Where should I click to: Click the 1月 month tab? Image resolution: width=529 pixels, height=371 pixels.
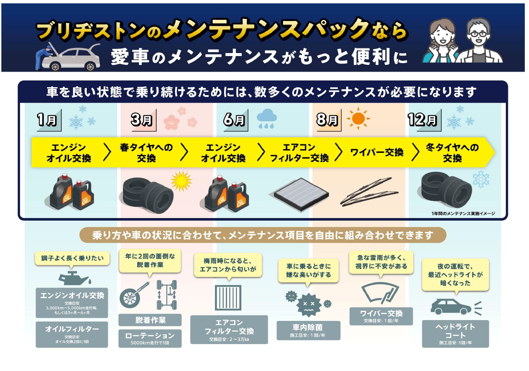pos(49,120)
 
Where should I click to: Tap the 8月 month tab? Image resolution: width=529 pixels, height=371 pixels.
pos(329,120)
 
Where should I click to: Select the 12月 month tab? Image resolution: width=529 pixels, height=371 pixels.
pos(424,120)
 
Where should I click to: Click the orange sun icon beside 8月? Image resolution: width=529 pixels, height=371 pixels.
pos(358,118)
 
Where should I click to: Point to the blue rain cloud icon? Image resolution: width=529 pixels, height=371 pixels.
pos(267,118)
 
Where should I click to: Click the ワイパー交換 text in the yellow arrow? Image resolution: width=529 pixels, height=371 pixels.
pos(377,152)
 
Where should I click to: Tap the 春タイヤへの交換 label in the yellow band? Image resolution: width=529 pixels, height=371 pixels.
pos(146,153)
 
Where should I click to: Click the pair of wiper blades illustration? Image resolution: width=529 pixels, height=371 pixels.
pos(369,192)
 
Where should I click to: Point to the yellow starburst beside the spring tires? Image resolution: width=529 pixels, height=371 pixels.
pos(181,181)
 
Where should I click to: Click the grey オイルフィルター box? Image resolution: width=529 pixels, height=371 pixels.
pos(72,334)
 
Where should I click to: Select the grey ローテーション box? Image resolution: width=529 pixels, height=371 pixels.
pos(150,339)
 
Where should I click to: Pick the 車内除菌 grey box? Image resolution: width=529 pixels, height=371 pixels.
pos(308,331)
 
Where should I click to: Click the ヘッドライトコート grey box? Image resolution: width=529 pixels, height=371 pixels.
pos(455,334)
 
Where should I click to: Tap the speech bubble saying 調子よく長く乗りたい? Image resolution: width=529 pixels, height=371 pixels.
pos(72,259)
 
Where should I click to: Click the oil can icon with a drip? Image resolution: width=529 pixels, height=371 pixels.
pos(75,278)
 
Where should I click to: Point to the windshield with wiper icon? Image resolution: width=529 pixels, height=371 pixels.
pos(380,293)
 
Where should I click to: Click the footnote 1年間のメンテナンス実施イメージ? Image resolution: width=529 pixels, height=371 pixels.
pos(463,214)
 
